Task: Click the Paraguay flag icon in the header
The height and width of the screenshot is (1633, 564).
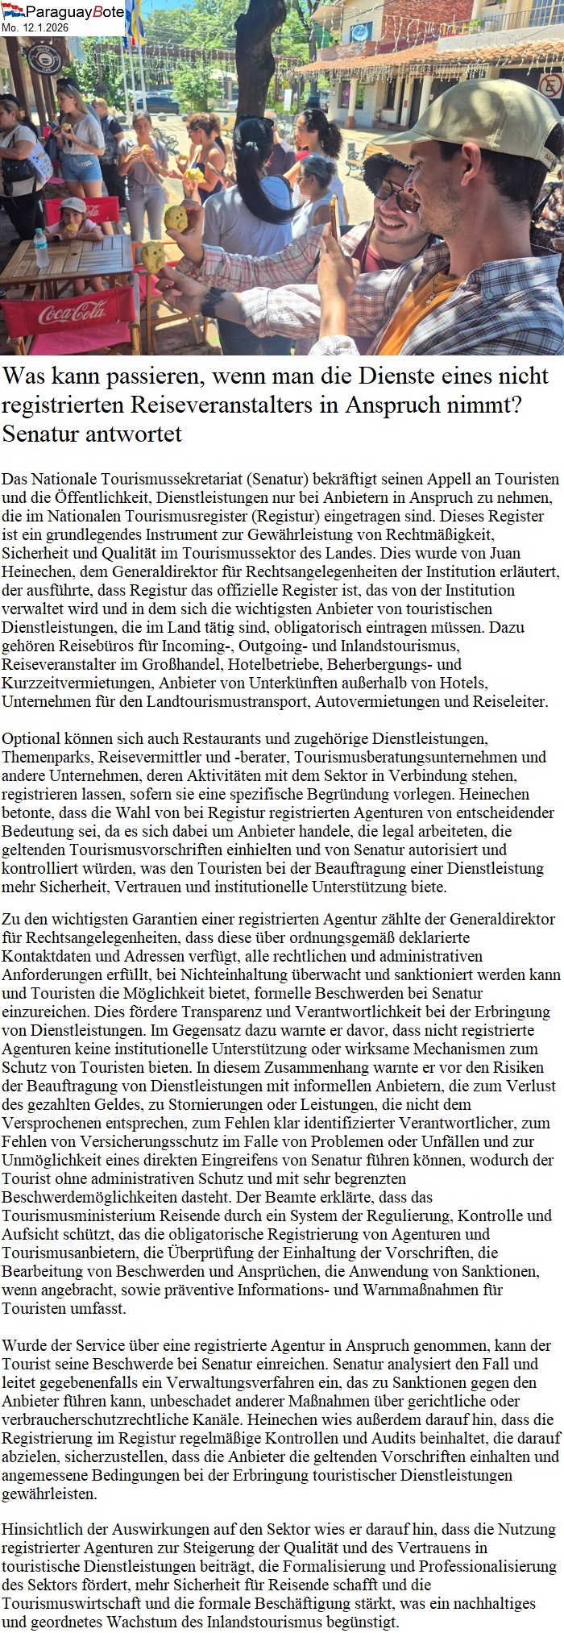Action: click(x=12, y=10)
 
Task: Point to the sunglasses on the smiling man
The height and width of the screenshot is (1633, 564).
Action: click(x=396, y=193)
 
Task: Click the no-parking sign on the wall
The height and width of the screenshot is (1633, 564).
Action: click(x=550, y=85)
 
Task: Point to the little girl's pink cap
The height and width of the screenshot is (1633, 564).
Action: click(x=73, y=205)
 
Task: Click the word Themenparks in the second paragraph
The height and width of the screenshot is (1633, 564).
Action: click(x=41, y=757)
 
